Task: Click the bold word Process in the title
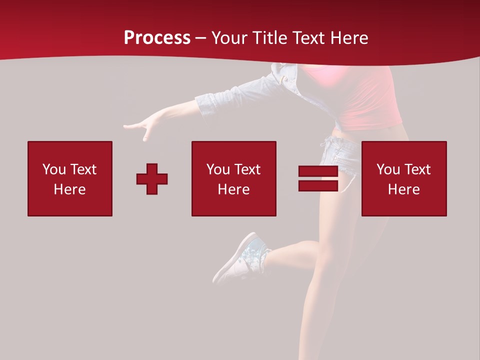pyautogui.click(x=157, y=38)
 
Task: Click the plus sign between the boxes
pyautogui.click(x=152, y=179)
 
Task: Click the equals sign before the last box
pyautogui.click(x=318, y=179)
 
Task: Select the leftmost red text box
pyautogui.click(x=70, y=178)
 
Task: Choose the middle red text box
pyautogui.click(x=234, y=178)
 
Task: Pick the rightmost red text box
pyautogui.click(x=404, y=178)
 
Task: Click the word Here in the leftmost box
pyautogui.click(x=69, y=189)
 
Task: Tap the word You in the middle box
pyautogui.click(x=218, y=169)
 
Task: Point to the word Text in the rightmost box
pyautogui.click(x=419, y=169)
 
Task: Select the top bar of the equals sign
pyautogui.click(x=318, y=171)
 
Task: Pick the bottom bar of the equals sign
pyautogui.click(x=318, y=186)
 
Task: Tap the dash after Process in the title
pyautogui.click(x=200, y=38)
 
